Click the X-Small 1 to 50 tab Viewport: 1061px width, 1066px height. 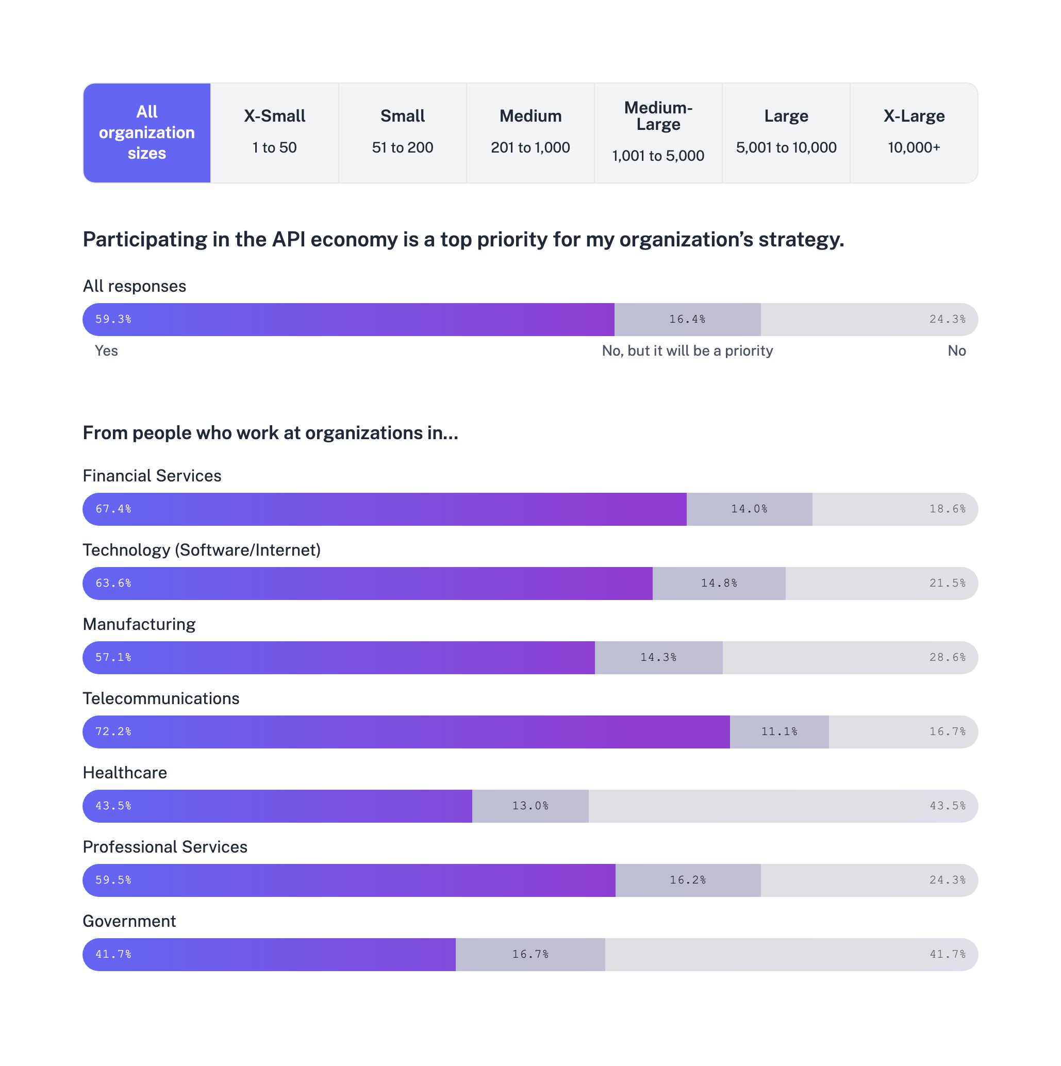[x=274, y=132]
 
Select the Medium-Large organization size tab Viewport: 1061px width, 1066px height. [x=658, y=132]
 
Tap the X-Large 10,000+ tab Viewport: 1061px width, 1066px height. [x=914, y=132]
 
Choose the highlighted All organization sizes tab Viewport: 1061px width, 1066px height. [x=147, y=132]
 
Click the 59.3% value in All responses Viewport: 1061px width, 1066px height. [x=113, y=319]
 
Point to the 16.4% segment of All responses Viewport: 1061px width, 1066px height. [x=687, y=319]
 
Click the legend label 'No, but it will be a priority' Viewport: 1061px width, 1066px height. [x=687, y=351]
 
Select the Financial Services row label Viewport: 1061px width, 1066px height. [x=152, y=476]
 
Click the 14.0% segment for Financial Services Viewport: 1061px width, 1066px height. [x=749, y=509]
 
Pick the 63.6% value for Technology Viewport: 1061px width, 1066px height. [x=113, y=583]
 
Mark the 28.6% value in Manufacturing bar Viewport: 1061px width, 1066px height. [x=948, y=657]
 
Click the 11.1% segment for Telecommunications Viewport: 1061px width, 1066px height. [x=779, y=731]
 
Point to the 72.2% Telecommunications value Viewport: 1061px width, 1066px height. [x=113, y=731]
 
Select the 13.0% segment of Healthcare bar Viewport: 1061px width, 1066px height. [x=530, y=806]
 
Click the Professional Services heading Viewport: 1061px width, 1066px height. [x=165, y=847]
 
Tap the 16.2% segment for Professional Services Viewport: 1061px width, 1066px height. [x=688, y=880]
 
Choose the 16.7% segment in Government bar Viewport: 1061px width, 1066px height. [x=530, y=954]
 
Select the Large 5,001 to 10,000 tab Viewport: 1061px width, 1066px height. [x=786, y=132]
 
